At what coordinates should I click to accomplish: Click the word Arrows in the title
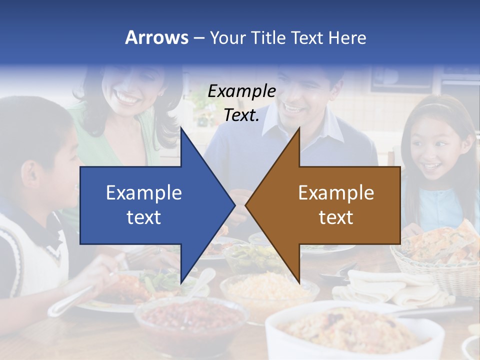[157, 37]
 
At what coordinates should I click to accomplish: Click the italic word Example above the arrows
[241, 91]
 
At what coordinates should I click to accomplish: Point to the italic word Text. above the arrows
[241, 115]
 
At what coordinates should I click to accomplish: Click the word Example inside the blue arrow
[144, 192]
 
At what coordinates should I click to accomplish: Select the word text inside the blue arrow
[144, 217]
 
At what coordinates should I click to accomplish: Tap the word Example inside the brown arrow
[336, 192]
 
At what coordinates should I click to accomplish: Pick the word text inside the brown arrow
[336, 217]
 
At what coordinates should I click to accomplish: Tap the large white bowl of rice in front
[350, 330]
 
